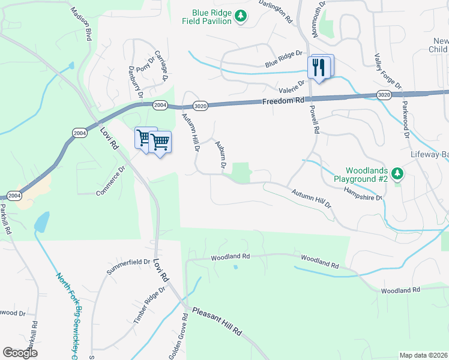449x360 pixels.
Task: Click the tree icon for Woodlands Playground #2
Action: (x=396, y=175)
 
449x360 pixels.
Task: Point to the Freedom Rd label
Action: (x=283, y=101)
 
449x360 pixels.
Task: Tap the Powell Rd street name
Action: (x=313, y=117)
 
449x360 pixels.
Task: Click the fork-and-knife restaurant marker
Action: (x=319, y=67)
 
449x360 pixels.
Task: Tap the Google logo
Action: (x=20, y=353)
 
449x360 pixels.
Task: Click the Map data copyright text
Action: (x=423, y=355)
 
